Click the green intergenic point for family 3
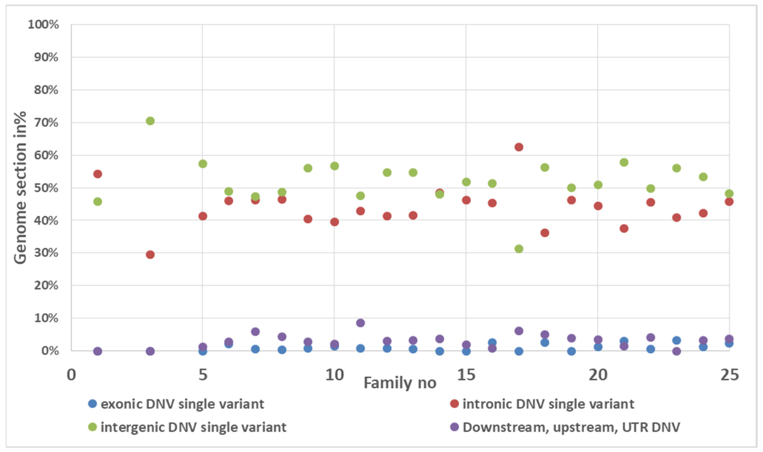coord(150,121)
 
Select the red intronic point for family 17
coord(519,147)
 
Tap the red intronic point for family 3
coord(150,255)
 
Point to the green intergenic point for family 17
coord(519,249)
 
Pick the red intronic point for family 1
coord(97,174)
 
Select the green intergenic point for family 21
coord(624,162)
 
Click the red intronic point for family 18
coord(545,233)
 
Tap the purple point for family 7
coord(255,331)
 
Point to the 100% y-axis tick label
coord(43,24)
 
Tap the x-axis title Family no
coord(400,383)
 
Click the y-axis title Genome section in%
coord(20,188)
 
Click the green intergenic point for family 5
coord(203,164)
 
